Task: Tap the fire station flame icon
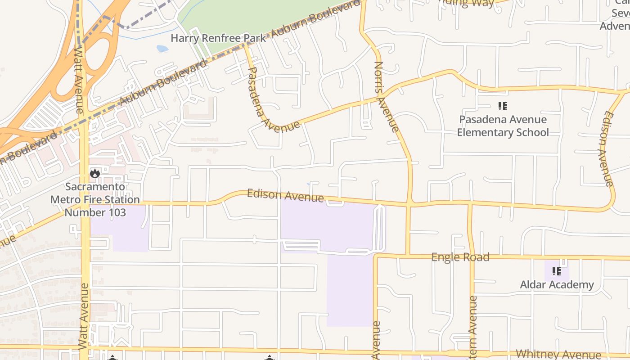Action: (94, 173)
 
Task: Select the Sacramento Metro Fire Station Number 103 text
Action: (95, 199)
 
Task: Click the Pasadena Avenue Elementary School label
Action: (503, 126)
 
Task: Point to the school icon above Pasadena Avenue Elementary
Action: (503, 106)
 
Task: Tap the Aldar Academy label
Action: (557, 284)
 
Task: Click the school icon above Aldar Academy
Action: (557, 271)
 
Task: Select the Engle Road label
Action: (460, 257)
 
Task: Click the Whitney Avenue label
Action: (558, 354)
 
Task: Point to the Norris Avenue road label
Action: (386, 97)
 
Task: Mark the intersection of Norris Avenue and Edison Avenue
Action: (409, 205)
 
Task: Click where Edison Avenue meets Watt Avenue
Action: (85, 203)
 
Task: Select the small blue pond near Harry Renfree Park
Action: (162, 48)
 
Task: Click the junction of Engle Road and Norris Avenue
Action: (408, 256)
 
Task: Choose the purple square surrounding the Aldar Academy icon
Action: (557, 271)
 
